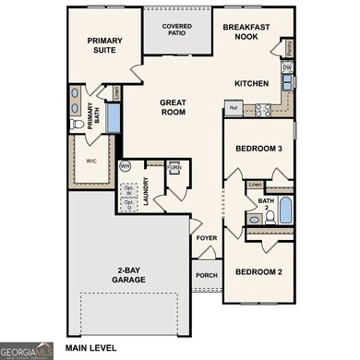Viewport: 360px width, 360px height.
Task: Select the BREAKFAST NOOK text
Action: [x=246, y=33]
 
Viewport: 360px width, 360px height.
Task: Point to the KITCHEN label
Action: [x=251, y=83]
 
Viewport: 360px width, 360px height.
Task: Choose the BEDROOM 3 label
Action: [x=258, y=150]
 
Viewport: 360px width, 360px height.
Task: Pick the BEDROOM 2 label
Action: [x=258, y=271]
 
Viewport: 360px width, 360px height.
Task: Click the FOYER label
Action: [x=206, y=238]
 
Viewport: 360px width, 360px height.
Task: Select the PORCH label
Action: [x=206, y=274]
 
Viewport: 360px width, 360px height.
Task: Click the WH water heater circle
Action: [x=126, y=166]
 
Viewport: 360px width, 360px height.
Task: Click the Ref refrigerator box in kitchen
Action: [x=234, y=109]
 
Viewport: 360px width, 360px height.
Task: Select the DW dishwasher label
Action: [x=288, y=67]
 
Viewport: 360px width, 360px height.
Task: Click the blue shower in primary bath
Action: [x=113, y=118]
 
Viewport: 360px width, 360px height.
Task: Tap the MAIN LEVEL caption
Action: [x=91, y=349]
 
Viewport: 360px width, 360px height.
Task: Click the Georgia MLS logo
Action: [x=26, y=350]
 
